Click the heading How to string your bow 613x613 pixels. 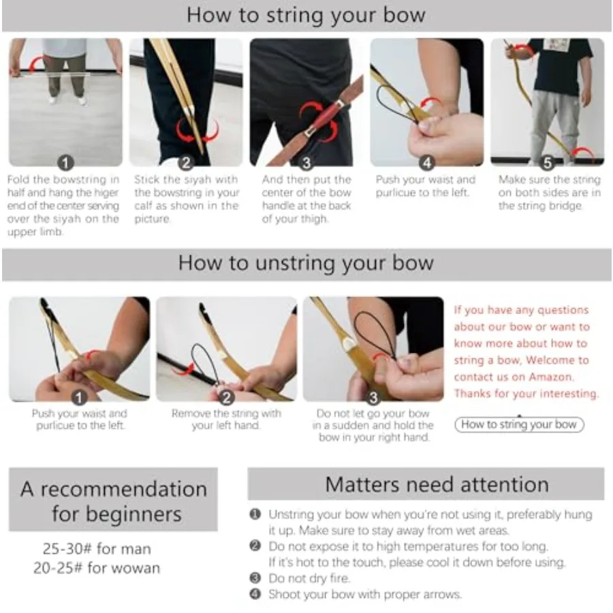click(x=306, y=16)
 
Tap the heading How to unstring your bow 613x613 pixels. click(x=306, y=263)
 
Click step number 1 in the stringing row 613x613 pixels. click(x=65, y=163)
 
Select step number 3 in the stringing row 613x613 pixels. click(x=306, y=163)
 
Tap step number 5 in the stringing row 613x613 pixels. click(x=548, y=163)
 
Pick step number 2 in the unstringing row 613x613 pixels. click(x=226, y=398)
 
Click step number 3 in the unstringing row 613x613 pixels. click(x=373, y=398)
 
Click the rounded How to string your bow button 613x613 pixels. click(x=519, y=424)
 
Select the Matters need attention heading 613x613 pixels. click(x=437, y=485)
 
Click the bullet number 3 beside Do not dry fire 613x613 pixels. click(x=255, y=578)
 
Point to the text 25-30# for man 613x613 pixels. click(x=97, y=549)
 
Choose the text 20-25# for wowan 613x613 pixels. click(x=97, y=567)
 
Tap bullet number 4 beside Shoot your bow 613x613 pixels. click(x=255, y=594)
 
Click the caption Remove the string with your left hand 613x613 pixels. click(x=226, y=420)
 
